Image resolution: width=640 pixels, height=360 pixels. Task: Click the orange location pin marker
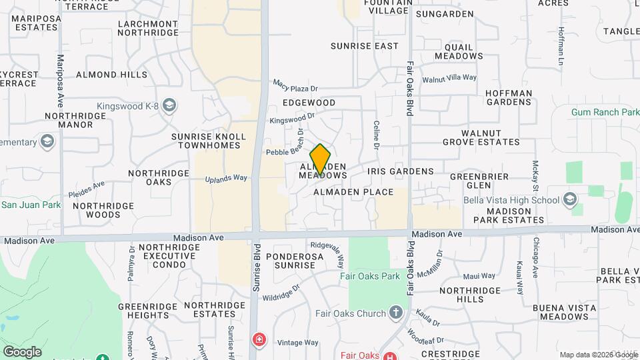click(321, 159)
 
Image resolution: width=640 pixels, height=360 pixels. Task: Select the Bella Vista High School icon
click(570, 199)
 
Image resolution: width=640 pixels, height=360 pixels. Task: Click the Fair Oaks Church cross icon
click(396, 313)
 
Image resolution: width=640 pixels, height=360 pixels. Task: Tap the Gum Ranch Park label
click(605, 112)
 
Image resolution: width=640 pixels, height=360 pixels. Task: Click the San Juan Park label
click(31, 204)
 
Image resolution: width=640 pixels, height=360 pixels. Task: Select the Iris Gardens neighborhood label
click(400, 171)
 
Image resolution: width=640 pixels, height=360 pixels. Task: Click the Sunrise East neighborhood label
click(365, 46)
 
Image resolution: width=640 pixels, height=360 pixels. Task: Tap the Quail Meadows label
click(459, 51)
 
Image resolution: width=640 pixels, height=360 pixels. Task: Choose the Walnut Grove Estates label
click(481, 137)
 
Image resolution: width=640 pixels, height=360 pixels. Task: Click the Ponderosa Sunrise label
click(290, 260)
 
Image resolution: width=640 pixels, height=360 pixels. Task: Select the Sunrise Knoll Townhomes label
click(209, 141)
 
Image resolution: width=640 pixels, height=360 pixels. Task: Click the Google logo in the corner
click(22, 351)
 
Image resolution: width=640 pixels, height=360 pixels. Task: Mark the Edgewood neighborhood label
click(309, 103)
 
